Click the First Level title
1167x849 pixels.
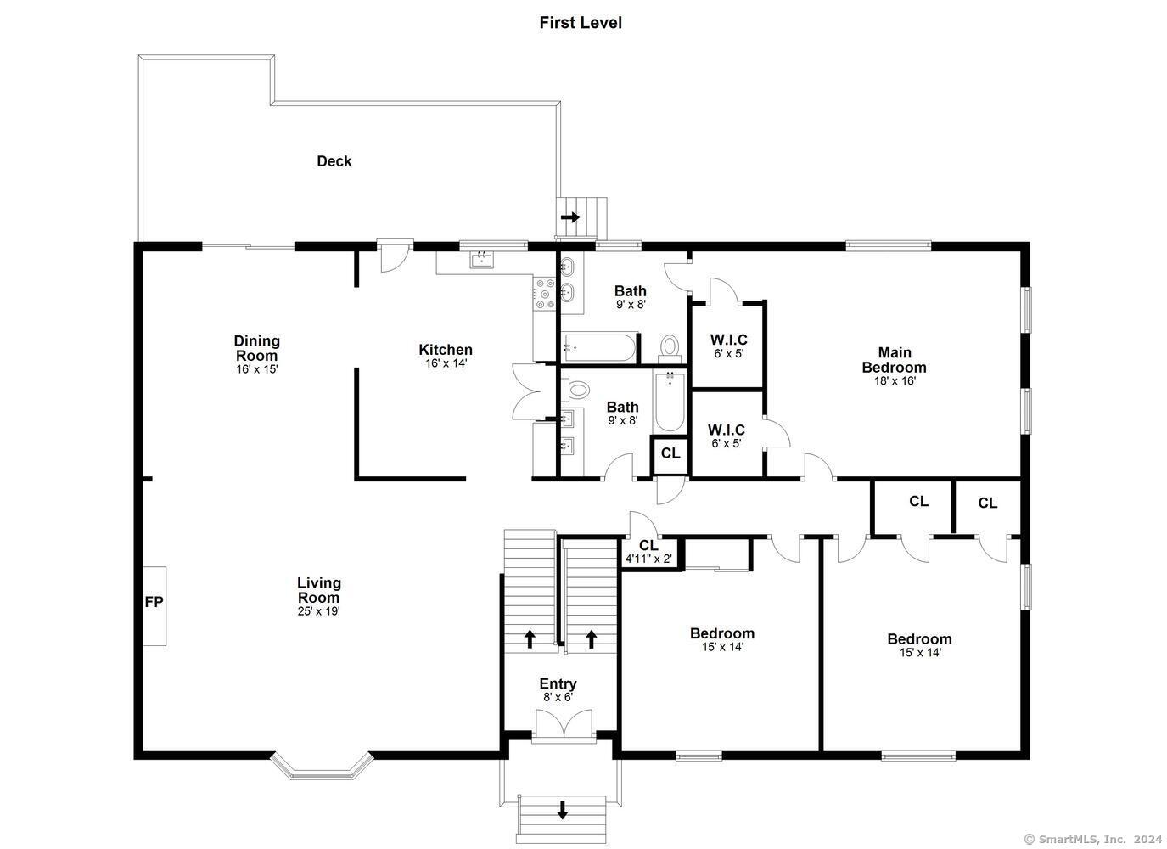(581, 23)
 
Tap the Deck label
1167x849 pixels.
(334, 161)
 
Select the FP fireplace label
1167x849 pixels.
(154, 602)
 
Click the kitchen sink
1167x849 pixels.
(482, 259)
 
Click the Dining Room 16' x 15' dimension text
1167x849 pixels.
(257, 369)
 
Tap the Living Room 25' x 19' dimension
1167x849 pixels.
(319, 610)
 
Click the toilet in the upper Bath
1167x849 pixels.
(670, 347)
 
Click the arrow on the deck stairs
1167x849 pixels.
(570, 217)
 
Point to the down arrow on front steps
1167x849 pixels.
(562, 809)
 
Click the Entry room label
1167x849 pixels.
(558, 683)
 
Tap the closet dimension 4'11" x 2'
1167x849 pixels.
(648, 559)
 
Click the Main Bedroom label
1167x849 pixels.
(894, 360)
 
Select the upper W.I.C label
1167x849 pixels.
(728, 340)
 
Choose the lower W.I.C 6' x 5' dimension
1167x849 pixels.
(727, 443)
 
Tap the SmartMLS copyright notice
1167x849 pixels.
(1092, 839)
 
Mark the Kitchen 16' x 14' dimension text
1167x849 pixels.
(446, 363)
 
